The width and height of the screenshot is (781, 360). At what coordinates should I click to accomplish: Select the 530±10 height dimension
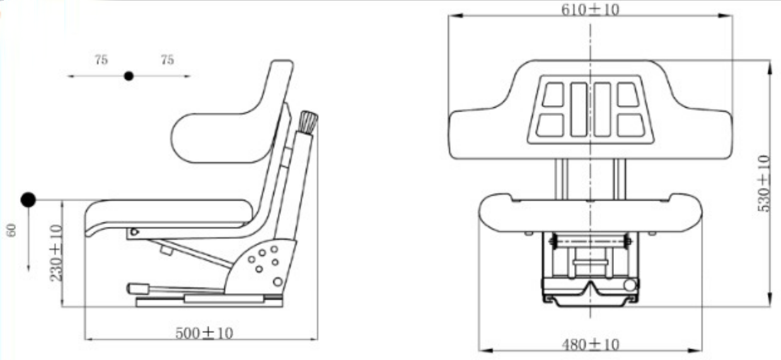pyautogui.click(x=764, y=183)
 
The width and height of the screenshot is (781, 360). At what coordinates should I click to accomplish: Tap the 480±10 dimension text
pyautogui.click(x=590, y=344)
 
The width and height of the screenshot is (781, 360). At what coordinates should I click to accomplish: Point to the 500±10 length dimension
pyautogui.click(x=204, y=332)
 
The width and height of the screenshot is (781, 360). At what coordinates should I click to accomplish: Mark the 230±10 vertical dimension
pyautogui.click(x=56, y=253)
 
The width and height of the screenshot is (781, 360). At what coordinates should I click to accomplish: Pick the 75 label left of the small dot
pyautogui.click(x=101, y=60)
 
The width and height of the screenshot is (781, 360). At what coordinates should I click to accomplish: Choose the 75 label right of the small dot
pyautogui.click(x=167, y=60)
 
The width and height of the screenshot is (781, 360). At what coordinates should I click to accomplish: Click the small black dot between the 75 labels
pyautogui.click(x=129, y=76)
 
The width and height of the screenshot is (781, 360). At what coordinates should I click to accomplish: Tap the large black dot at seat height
pyautogui.click(x=28, y=200)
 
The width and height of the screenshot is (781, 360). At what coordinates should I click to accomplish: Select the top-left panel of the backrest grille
pyautogui.click(x=553, y=95)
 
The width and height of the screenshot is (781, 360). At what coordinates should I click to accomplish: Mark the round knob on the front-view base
pyautogui.click(x=629, y=286)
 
